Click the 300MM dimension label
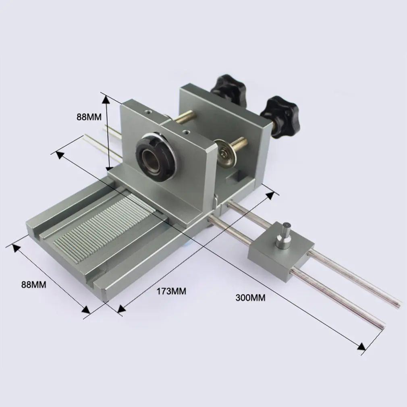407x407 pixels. [x=251, y=298]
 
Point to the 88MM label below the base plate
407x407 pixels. [x=34, y=284]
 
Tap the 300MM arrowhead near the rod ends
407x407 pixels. [x=361, y=347]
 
